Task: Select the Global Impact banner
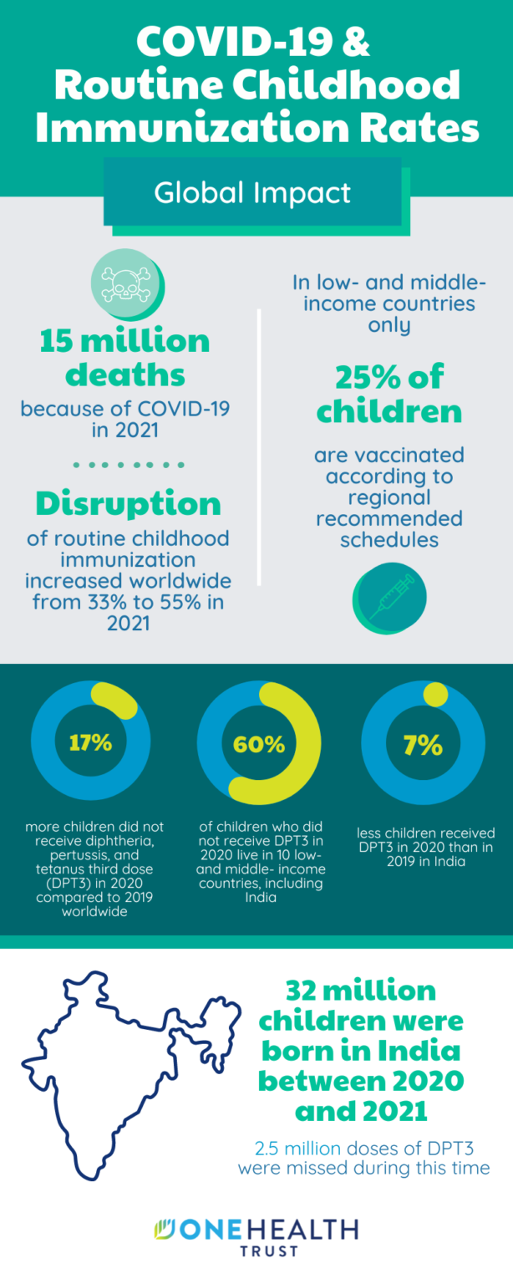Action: (253, 193)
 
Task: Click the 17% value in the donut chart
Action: (90, 741)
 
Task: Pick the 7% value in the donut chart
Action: (422, 743)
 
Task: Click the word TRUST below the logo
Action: (257, 1252)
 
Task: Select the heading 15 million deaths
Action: (125, 358)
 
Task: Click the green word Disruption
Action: (128, 503)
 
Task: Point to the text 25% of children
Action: (389, 395)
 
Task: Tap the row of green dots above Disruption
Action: (128, 464)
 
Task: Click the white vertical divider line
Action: (259, 447)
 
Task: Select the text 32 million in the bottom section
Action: (360, 991)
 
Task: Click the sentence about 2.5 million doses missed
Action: (363, 1158)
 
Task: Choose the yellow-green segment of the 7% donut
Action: (435, 694)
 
